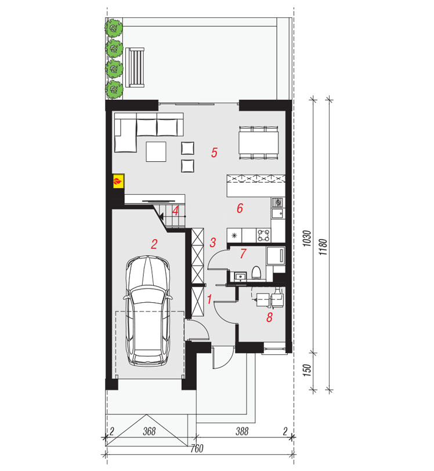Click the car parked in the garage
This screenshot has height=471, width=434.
[x=147, y=310]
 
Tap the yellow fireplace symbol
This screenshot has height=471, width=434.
[x=118, y=181]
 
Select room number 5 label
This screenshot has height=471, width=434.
[x=214, y=153]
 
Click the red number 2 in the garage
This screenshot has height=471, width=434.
[x=154, y=244]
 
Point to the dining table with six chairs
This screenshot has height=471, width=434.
[x=258, y=143]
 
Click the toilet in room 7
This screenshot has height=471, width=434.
[x=256, y=272]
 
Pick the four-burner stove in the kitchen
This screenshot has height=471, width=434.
[x=264, y=235]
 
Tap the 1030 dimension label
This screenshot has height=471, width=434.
[x=306, y=238]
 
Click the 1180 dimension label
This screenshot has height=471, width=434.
[x=323, y=247]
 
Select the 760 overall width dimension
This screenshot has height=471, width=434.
[x=197, y=448]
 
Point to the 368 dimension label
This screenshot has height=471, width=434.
[x=149, y=432]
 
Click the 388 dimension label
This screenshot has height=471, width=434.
[x=242, y=432]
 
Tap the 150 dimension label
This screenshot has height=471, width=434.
[x=306, y=371]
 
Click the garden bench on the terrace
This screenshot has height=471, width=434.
[x=135, y=67]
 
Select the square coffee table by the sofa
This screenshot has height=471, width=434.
[x=156, y=152]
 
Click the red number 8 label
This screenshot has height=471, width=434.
[x=269, y=317]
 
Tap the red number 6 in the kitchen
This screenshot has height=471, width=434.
[x=240, y=208]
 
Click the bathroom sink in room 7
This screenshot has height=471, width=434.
[x=240, y=276]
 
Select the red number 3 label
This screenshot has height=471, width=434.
[x=213, y=242]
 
